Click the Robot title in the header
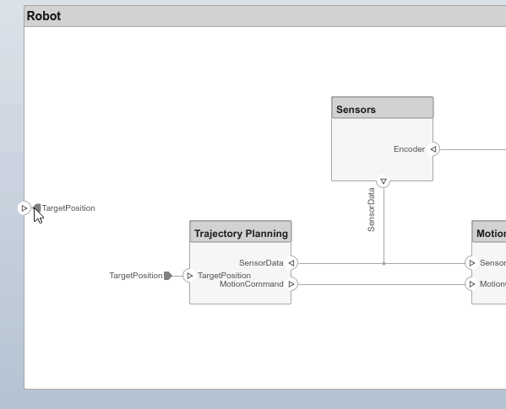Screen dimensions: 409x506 click(x=44, y=16)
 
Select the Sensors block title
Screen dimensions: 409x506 click(x=356, y=110)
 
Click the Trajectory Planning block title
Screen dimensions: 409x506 click(x=242, y=234)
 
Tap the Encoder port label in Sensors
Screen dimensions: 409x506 click(x=409, y=149)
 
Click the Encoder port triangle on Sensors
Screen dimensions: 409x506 click(x=433, y=149)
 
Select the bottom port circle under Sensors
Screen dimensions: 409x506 click(x=384, y=181)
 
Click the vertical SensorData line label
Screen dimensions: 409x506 click(x=371, y=210)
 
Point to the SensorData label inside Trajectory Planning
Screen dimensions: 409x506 click(x=261, y=263)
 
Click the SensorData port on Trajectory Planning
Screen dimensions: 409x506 click(x=291, y=263)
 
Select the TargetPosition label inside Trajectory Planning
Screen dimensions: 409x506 click(x=224, y=276)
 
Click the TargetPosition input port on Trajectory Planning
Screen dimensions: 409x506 click(x=189, y=276)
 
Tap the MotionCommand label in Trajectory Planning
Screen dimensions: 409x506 click(x=252, y=284)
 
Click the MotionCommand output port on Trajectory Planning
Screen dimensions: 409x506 click(x=291, y=284)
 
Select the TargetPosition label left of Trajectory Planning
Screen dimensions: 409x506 click(x=135, y=276)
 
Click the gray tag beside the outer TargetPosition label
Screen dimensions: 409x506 click(x=168, y=276)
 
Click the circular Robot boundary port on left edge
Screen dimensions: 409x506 click(x=24, y=207)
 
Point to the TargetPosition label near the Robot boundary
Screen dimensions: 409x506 click(x=68, y=208)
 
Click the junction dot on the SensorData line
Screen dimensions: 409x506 click(x=384, y=263)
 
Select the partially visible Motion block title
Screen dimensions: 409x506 click(x=490, y=234)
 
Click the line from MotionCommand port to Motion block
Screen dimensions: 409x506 click(x=380, y=284)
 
